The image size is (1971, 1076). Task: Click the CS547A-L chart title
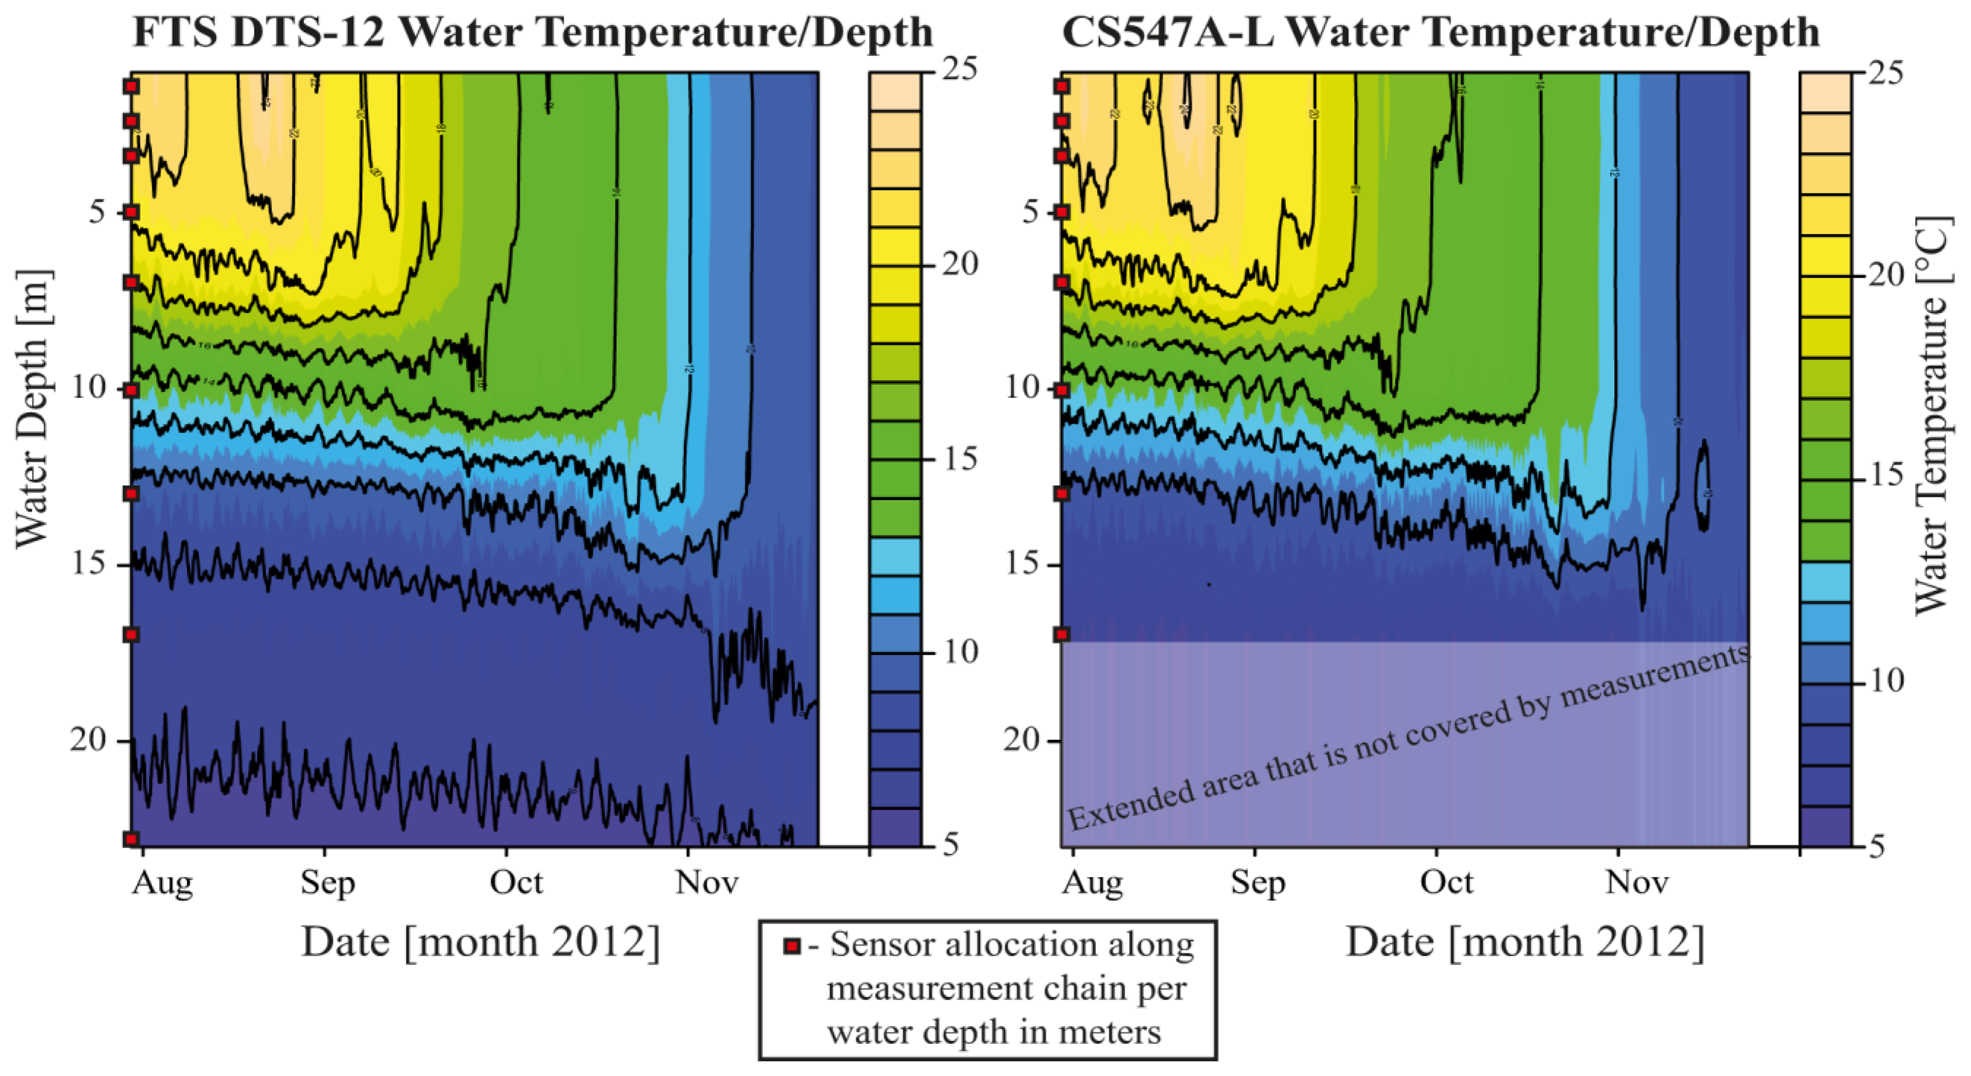click(x=1440, y=32)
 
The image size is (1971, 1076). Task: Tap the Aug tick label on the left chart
click(x=162, y=883)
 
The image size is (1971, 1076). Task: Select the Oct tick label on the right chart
click(x=1446, y=883)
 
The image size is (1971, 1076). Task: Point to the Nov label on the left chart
click(x=706, y=883)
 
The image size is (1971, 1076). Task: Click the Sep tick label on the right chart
click(x=1258, y=883)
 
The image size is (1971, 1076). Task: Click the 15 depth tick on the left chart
click(x=89, y=565)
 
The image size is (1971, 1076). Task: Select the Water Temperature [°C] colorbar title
click(x=1931, y=417)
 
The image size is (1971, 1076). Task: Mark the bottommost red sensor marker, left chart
click(x=131, y=839)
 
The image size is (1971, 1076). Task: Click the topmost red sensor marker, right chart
click(x=1061, y=87)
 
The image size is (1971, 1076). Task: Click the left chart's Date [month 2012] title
click(x=481, y=942)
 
